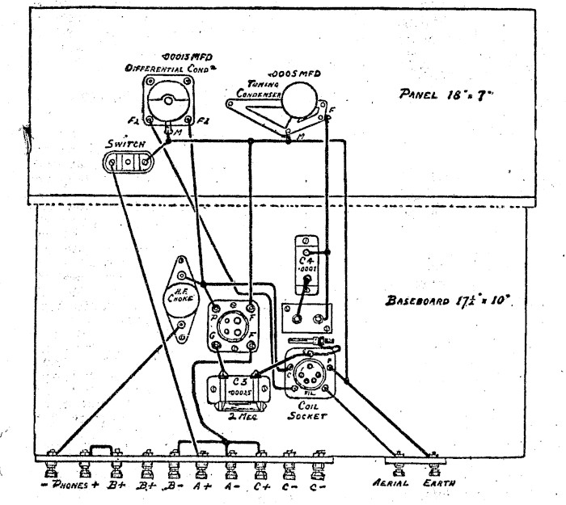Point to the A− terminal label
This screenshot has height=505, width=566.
(231, 486)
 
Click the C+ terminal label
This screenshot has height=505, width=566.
(261, 486)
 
